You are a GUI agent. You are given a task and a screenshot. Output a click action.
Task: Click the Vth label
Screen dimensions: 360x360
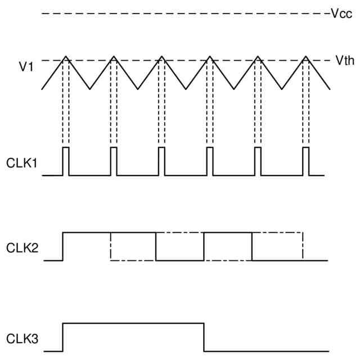click(344, 61)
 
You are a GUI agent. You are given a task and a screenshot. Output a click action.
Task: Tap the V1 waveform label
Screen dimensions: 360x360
click(26, 67)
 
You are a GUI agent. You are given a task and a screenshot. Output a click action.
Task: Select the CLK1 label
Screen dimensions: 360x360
click(22, 164)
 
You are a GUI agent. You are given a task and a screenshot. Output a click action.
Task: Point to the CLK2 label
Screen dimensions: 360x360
click(22, 247)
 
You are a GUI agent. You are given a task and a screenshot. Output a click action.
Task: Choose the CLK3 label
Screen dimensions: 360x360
click(22, 339)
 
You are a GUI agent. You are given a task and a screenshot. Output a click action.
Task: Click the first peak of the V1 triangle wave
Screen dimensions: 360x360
click(66, 56)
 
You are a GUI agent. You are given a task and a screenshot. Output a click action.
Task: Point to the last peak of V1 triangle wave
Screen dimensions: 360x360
click(306, 56)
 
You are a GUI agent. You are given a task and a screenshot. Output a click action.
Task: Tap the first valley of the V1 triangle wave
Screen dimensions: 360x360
click(90, 88)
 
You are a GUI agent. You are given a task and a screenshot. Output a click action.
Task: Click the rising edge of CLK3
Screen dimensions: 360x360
click(63, 337)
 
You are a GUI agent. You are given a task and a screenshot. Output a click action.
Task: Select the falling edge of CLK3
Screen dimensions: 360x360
click(204, 337)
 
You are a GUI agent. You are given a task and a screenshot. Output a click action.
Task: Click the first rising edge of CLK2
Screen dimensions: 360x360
click(63, 246)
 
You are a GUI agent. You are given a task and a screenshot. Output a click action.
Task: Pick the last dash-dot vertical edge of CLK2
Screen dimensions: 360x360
click(303, 246)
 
